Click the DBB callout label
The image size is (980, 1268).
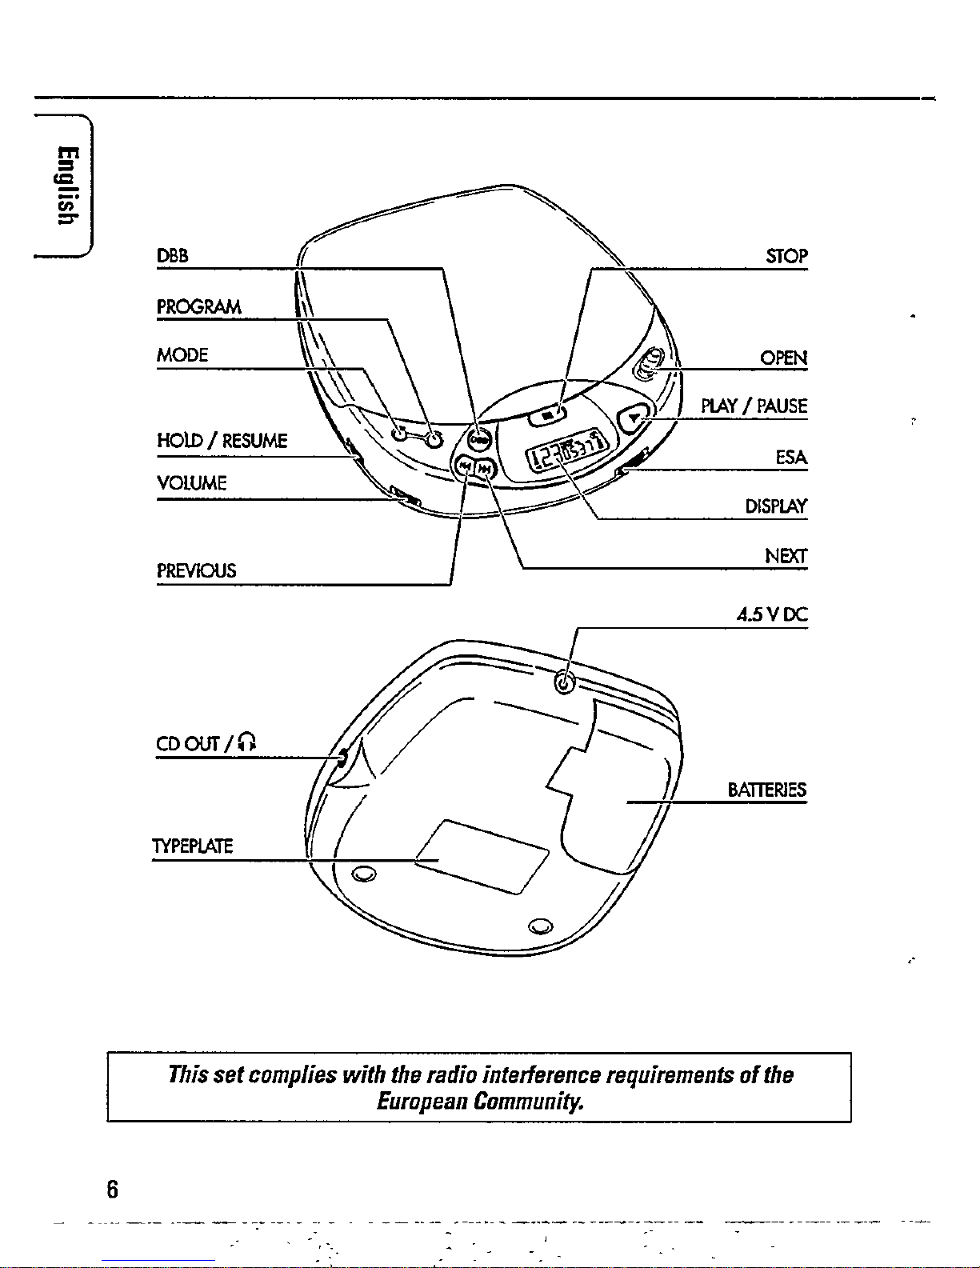172,256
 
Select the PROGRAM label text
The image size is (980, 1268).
198,307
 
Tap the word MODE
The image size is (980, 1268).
182,355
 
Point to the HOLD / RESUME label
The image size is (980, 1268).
222,441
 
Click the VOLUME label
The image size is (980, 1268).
191,483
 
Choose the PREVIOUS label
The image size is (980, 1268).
196,571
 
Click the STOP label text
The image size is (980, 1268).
786,256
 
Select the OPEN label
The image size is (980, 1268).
783,358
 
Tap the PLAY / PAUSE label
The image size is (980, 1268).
754,406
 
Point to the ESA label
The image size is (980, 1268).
791,458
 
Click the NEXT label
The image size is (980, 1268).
786,556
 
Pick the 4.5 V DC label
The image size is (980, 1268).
772,615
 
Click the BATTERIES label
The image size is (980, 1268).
766,790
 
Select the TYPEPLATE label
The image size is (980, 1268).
192,846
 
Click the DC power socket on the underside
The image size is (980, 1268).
565,682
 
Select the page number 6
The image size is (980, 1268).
112,1190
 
